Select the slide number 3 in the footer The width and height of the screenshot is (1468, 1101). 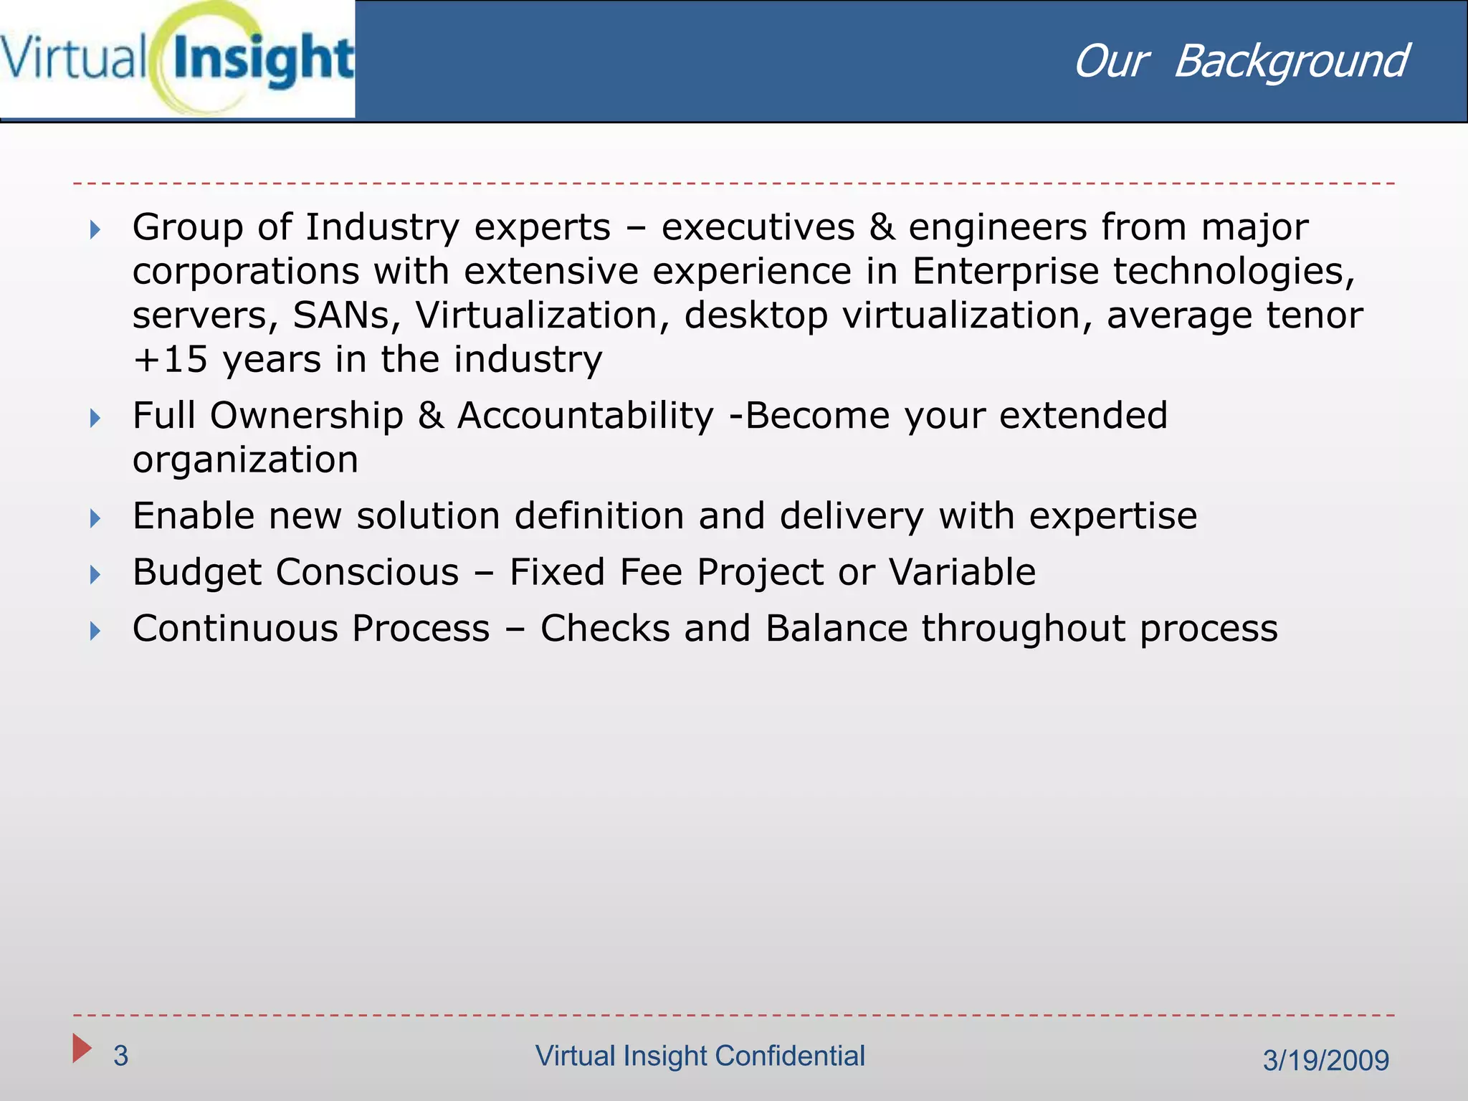tap(120, 1056)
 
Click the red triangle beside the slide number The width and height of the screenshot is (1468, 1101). tap(82, 1048)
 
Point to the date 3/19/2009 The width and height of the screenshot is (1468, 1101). tap(1325, 1060)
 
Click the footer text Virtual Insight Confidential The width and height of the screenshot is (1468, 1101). tap(700, 1056)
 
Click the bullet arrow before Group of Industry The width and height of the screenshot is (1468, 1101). tap(95, 230)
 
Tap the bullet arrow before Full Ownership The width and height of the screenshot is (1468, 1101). tap(95, 418)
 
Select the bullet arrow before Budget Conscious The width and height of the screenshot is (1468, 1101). tap(95, 574)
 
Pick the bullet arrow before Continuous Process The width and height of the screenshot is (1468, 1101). tap(95, 631)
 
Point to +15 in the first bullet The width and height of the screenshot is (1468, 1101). tap(171, 359)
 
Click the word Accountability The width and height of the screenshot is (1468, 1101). tap(586, 416)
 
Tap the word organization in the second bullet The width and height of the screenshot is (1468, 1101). tap(245, 459)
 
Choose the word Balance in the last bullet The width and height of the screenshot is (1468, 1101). tap(837, 629)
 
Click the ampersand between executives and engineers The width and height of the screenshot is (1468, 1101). tap(882, 228)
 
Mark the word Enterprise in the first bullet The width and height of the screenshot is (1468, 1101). tap(1005, 272)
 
